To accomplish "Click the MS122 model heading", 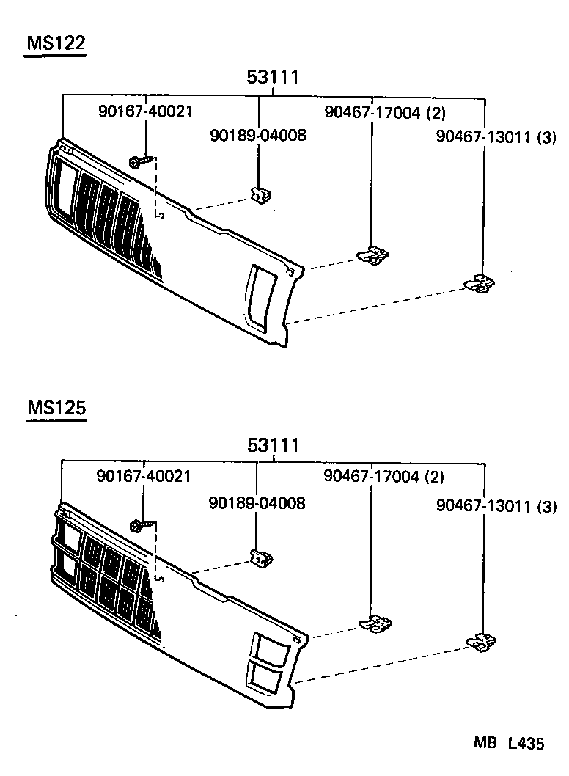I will (56, 44).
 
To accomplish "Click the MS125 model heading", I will (56, 409).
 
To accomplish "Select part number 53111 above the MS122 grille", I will (273, 78).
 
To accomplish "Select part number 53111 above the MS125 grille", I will (273, 444).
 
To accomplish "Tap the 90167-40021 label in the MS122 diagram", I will (145, 111).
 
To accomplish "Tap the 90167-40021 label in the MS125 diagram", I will (144, 477).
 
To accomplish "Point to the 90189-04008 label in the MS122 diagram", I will (257, 136).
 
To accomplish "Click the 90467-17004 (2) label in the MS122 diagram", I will (385, 112).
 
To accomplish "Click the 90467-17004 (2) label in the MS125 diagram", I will (383, 477).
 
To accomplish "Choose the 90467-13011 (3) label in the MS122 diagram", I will (496, 137).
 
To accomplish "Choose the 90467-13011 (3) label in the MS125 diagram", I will (496, 506).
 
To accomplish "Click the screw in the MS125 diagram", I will (142, 525).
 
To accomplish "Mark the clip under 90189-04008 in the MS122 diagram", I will (260, 195).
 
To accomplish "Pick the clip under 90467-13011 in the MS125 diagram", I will (480, 643).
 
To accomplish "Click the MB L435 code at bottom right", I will (508, 744).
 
